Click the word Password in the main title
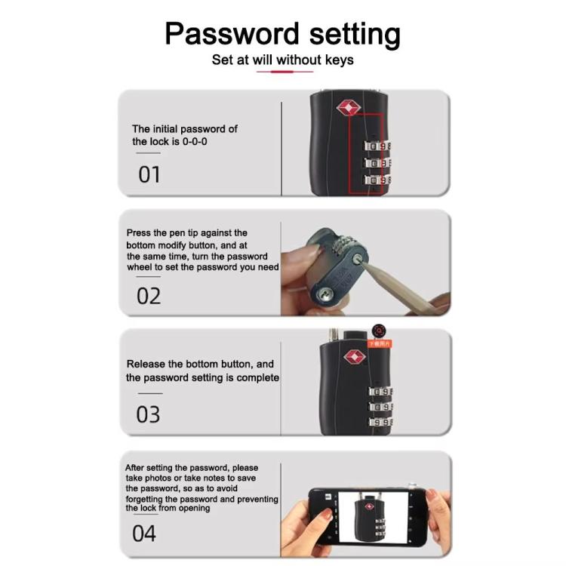pyautogui.click(x=222, y=35)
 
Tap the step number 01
pyautogui.click(x=149, y=175)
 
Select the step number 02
pyautogui.click(x=149, y=295)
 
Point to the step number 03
pyautogui.click(x=148, y=414)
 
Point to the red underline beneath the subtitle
pyautogui.click(x=285, y=72)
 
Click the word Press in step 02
pyautogui.click(x=140, y=233)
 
